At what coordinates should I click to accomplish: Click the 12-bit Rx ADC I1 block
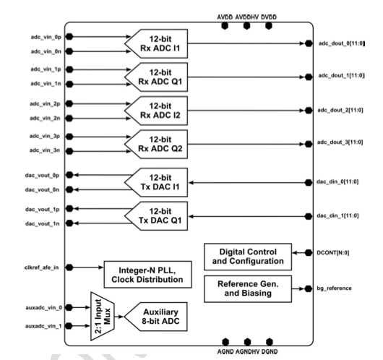156,44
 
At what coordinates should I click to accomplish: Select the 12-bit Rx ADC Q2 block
156,144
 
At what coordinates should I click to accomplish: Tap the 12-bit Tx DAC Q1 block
156,216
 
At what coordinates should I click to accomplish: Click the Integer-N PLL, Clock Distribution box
147,275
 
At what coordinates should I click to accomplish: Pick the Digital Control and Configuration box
248,257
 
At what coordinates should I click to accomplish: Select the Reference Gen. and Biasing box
248,289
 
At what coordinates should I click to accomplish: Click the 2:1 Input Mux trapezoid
103,316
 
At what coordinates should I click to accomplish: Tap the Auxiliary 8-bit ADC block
156,317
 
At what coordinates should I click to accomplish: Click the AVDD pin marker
225,25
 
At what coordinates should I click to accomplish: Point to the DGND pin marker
269,342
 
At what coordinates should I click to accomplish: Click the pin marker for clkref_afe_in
69,267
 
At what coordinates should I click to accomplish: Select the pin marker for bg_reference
309,288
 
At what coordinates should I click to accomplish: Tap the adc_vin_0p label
46,37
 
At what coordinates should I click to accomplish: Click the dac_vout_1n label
42,223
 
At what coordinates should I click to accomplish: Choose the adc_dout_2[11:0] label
340,110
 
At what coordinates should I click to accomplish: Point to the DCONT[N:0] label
333,253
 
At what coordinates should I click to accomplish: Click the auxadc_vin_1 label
43,326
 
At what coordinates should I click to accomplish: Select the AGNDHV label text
247,352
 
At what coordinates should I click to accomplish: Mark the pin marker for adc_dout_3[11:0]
309,144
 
